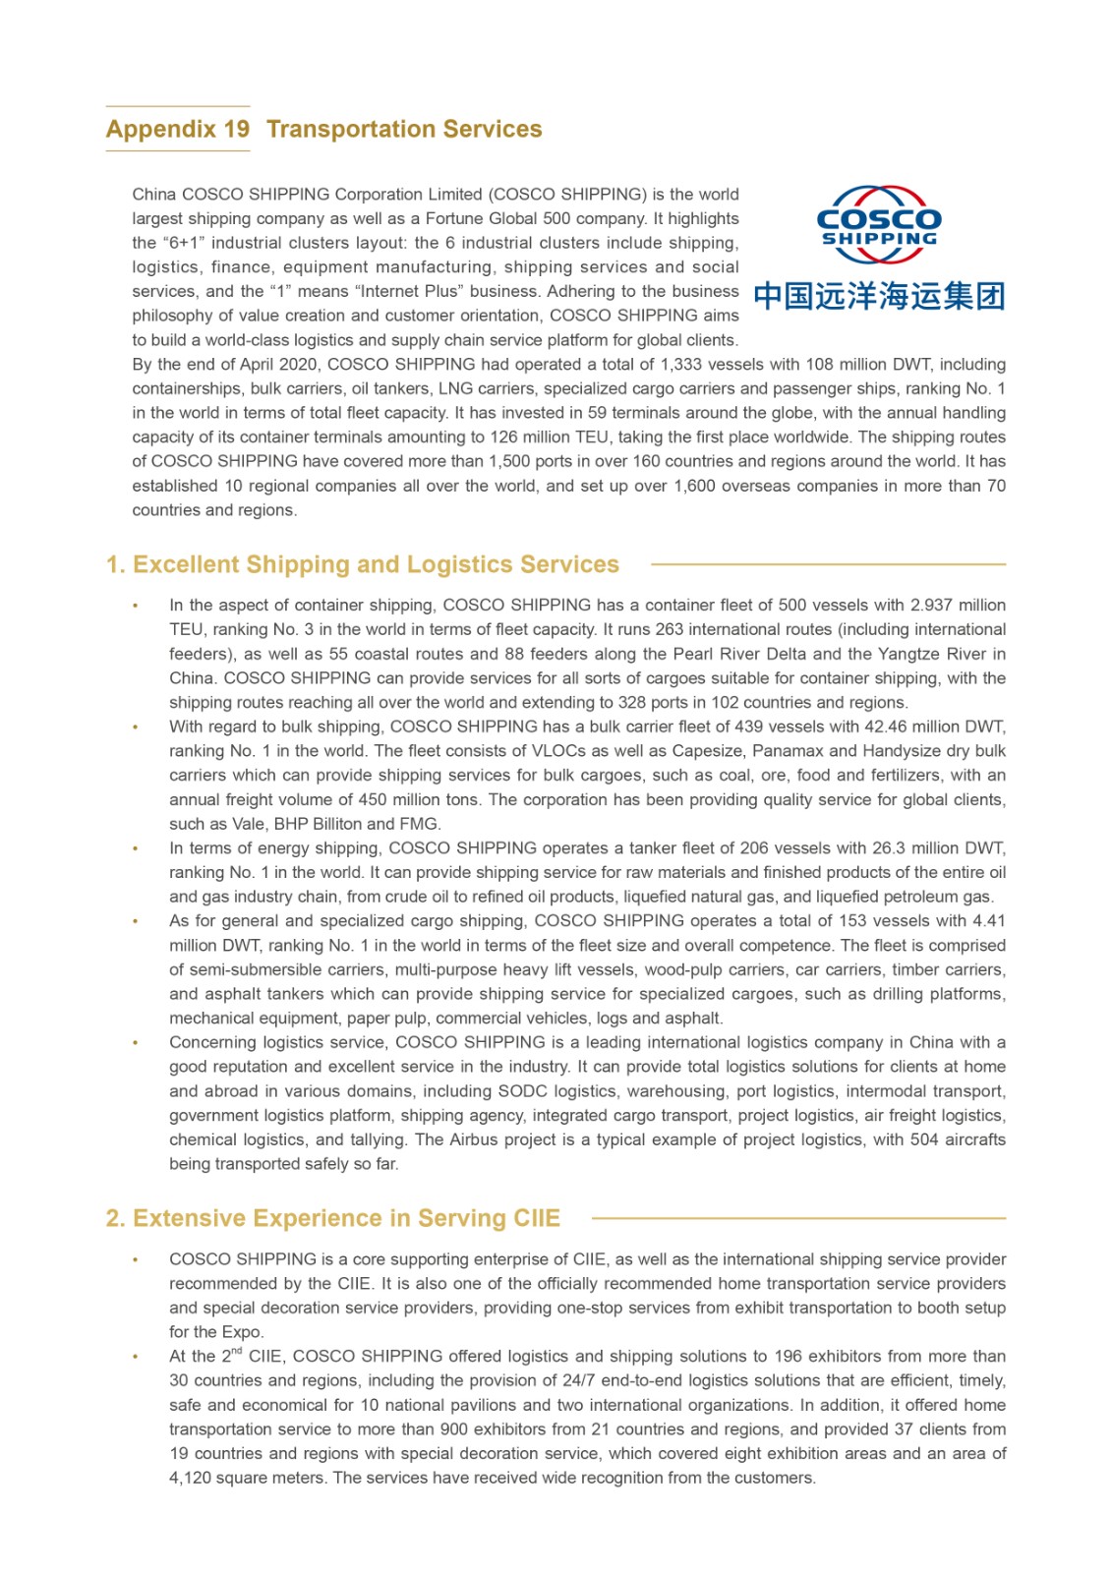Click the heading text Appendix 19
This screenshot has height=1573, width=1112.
pos(178,130)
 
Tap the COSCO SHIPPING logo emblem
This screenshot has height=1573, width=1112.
pos(879,224)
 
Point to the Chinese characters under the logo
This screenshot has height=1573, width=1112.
pos(879,296)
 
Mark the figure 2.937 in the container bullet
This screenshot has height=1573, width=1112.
pos(932,606)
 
